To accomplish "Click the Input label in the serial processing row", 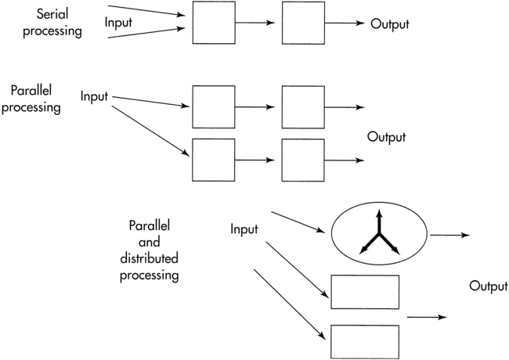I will click(x=119, y=23).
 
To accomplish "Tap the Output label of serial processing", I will click(x=390, y=23).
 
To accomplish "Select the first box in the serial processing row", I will click(x=213, y=23).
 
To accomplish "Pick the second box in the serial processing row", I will click(x=302, y=23).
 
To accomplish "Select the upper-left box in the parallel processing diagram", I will click(x=213, y=107).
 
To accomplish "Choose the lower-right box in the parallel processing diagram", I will click(x=302, y=160).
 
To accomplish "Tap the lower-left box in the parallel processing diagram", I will click(x=213, y=160).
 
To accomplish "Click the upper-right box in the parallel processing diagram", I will click(x=302, y=107).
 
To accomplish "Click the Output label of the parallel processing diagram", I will click(x=386, y=137).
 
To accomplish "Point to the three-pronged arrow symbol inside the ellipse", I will click(x=379, y=235).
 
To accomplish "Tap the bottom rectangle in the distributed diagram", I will click(x=364, y=341).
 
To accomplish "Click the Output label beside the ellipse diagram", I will click(x=488, y=286).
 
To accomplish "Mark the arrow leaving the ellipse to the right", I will click(x=449, y=234).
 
